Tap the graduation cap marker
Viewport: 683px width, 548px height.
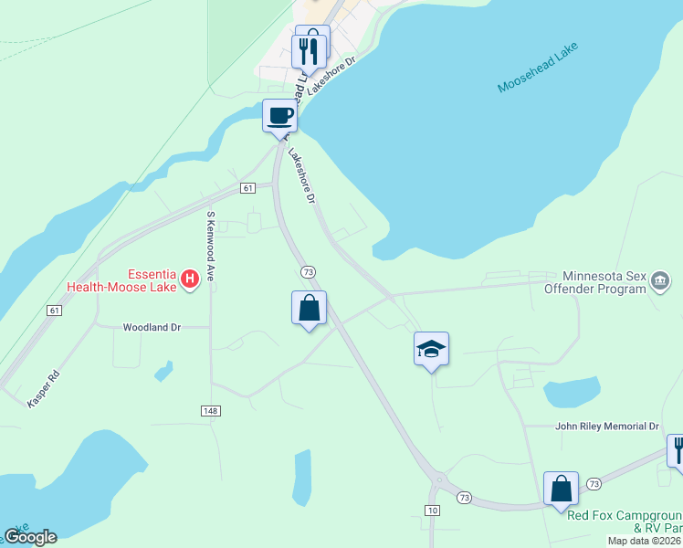point(431,350)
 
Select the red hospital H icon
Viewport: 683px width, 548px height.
point(190,278)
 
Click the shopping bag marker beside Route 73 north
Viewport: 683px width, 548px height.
point(310,309)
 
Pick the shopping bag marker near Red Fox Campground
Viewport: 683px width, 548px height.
point(561,489)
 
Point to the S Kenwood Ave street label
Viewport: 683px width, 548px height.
point(211,246)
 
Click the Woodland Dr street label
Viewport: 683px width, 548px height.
point(152,326)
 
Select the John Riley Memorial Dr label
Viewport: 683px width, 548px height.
point(607,427)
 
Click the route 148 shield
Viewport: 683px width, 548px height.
point(211,412)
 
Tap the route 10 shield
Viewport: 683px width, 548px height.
point(434,509)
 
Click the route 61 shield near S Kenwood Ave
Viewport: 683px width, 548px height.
point(247,188)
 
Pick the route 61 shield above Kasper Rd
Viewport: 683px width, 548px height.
point(55,311)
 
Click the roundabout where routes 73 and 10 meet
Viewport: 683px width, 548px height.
point(438,479)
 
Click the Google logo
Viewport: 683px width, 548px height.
point(30,537)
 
